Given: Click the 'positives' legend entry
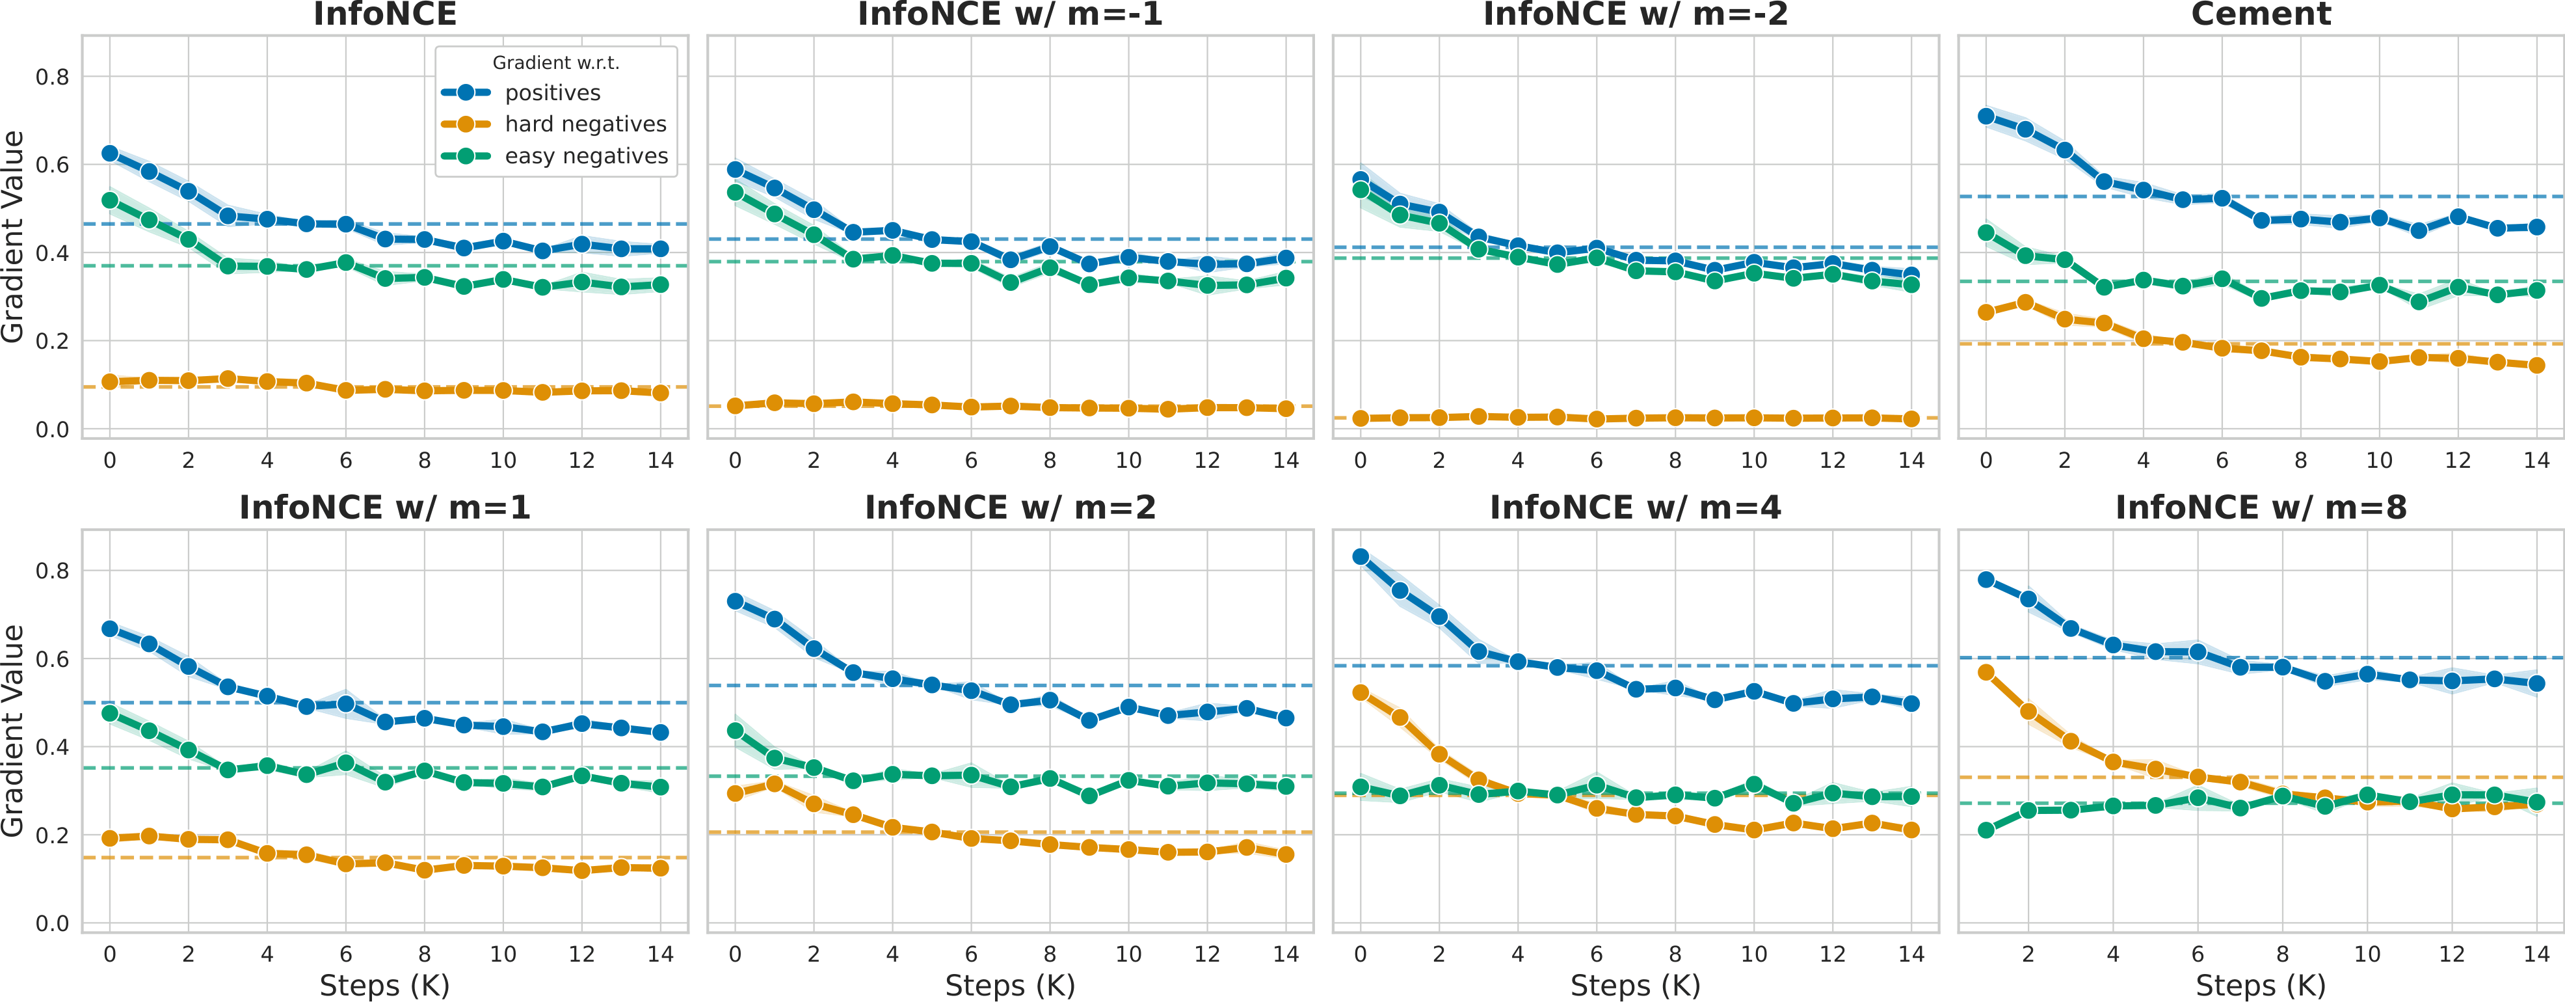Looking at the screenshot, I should [x=553, y=92].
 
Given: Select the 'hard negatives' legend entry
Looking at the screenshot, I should [x=585, y=124].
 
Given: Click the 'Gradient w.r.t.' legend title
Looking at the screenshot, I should [x=555, y=62].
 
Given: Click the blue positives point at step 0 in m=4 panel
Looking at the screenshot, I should [x=1360, y=557].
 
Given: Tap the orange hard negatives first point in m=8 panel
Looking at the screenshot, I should [x=1986, y=672].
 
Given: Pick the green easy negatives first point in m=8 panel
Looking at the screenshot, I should [x=1986, y=830].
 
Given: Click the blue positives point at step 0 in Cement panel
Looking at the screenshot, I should [x=1986, y=116].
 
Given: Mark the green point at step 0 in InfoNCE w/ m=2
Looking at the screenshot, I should [x=735, y=731].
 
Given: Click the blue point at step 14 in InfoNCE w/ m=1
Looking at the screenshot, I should [x=660, y=732].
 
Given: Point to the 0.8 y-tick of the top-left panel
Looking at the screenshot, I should [x=52, y=77].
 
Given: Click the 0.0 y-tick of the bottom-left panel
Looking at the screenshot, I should [x=52, y=923].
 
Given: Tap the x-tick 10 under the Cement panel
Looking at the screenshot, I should [x=2379, y=460].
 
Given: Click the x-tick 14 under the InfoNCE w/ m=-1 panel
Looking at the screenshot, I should [x=1286, y=460].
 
